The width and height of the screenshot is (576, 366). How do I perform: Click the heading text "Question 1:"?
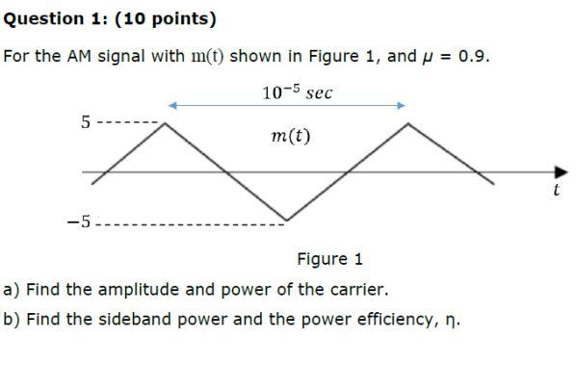pos(46,18)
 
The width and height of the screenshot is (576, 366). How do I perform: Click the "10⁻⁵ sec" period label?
pos(297,92)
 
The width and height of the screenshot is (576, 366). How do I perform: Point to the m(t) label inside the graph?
pos(292,137)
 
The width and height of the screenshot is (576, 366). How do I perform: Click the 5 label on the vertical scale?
pos(86,123)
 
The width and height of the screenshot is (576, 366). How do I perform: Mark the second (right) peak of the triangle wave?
pos(409,123)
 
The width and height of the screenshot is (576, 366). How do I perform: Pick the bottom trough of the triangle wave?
pos(284,222)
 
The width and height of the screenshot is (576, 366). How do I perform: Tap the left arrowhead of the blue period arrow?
pos(172,105)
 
